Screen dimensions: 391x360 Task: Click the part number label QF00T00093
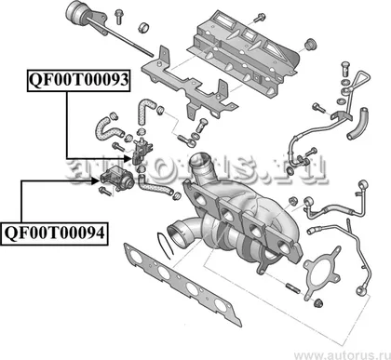point(78,80)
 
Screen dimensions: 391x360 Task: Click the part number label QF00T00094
point(54,233)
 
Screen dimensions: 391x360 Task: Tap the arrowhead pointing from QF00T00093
point(128,159)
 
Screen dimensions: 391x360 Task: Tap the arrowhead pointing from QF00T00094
point(95,181)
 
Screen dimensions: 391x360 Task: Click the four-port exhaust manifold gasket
point(182,284)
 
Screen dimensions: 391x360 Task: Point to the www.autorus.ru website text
point(343,354)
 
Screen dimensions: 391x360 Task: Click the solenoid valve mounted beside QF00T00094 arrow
point(117,178)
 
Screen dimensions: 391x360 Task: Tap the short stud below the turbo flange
point(293,287)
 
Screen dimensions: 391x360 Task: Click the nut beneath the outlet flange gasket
point(317,302)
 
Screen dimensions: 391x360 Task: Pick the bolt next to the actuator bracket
point(118,17)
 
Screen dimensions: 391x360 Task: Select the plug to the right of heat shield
point(311,45)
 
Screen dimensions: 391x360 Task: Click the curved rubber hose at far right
point(357,124)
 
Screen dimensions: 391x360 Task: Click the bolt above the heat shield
point(259,18)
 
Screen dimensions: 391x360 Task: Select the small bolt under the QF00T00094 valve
point(105,191)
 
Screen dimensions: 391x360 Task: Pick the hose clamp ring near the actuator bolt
point(144,27)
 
